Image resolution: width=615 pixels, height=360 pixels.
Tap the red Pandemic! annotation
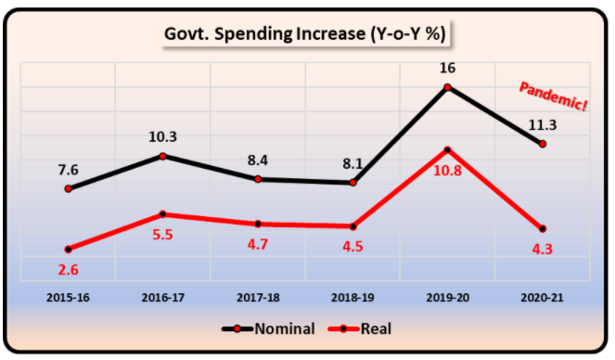pos(553,96)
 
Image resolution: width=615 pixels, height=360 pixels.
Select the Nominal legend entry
pos(269,328)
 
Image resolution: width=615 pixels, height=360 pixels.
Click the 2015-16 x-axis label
pos(66,298)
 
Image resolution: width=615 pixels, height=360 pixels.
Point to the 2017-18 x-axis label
pos(257,298)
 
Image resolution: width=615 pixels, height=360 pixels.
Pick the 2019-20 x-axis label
pos(449,298)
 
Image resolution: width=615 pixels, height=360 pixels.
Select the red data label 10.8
pos(449,171)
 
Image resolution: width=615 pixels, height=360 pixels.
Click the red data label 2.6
pos(67,269)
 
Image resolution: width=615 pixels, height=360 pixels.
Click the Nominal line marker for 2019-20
pos(449,88)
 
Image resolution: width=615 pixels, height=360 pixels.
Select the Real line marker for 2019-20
pos(449,149)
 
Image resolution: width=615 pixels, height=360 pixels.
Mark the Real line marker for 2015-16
pos(67,249)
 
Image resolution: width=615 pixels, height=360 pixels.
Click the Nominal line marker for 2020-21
pos(544,144)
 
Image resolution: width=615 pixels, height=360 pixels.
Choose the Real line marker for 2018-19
pos(353,226)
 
